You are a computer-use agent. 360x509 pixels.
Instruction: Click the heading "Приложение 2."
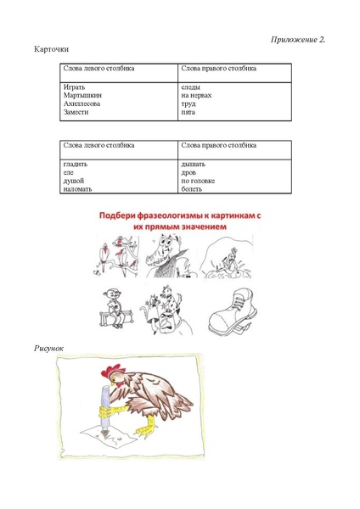(298, 39)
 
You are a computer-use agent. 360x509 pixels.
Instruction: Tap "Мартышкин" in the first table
(82, 96)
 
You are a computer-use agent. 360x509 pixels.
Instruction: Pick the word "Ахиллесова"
(82, 103)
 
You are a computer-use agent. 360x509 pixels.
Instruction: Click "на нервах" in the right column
(196, 96)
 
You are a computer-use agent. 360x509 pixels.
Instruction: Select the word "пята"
(188, 112)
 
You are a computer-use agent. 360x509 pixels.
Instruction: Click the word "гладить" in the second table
(76, 164)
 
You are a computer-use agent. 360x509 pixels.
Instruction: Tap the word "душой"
(74, 180)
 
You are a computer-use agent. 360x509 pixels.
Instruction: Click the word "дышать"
(193, 164)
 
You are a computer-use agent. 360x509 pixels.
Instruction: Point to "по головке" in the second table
(198, 180)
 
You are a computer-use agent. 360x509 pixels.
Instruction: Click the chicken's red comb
(110, 370)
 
